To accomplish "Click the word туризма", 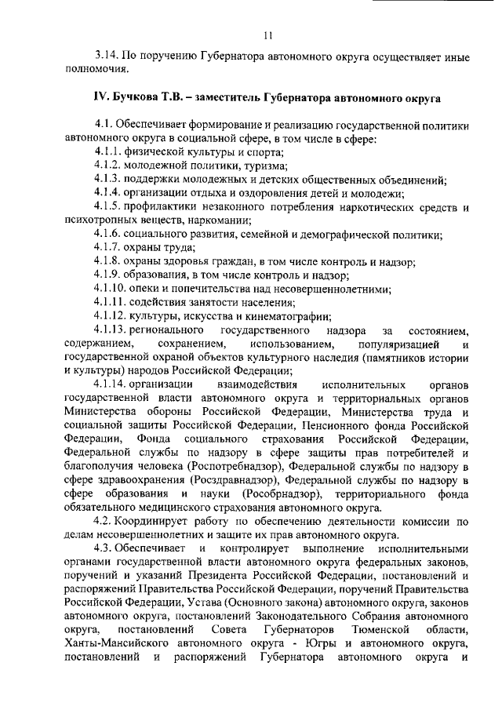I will coord(263,166).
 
